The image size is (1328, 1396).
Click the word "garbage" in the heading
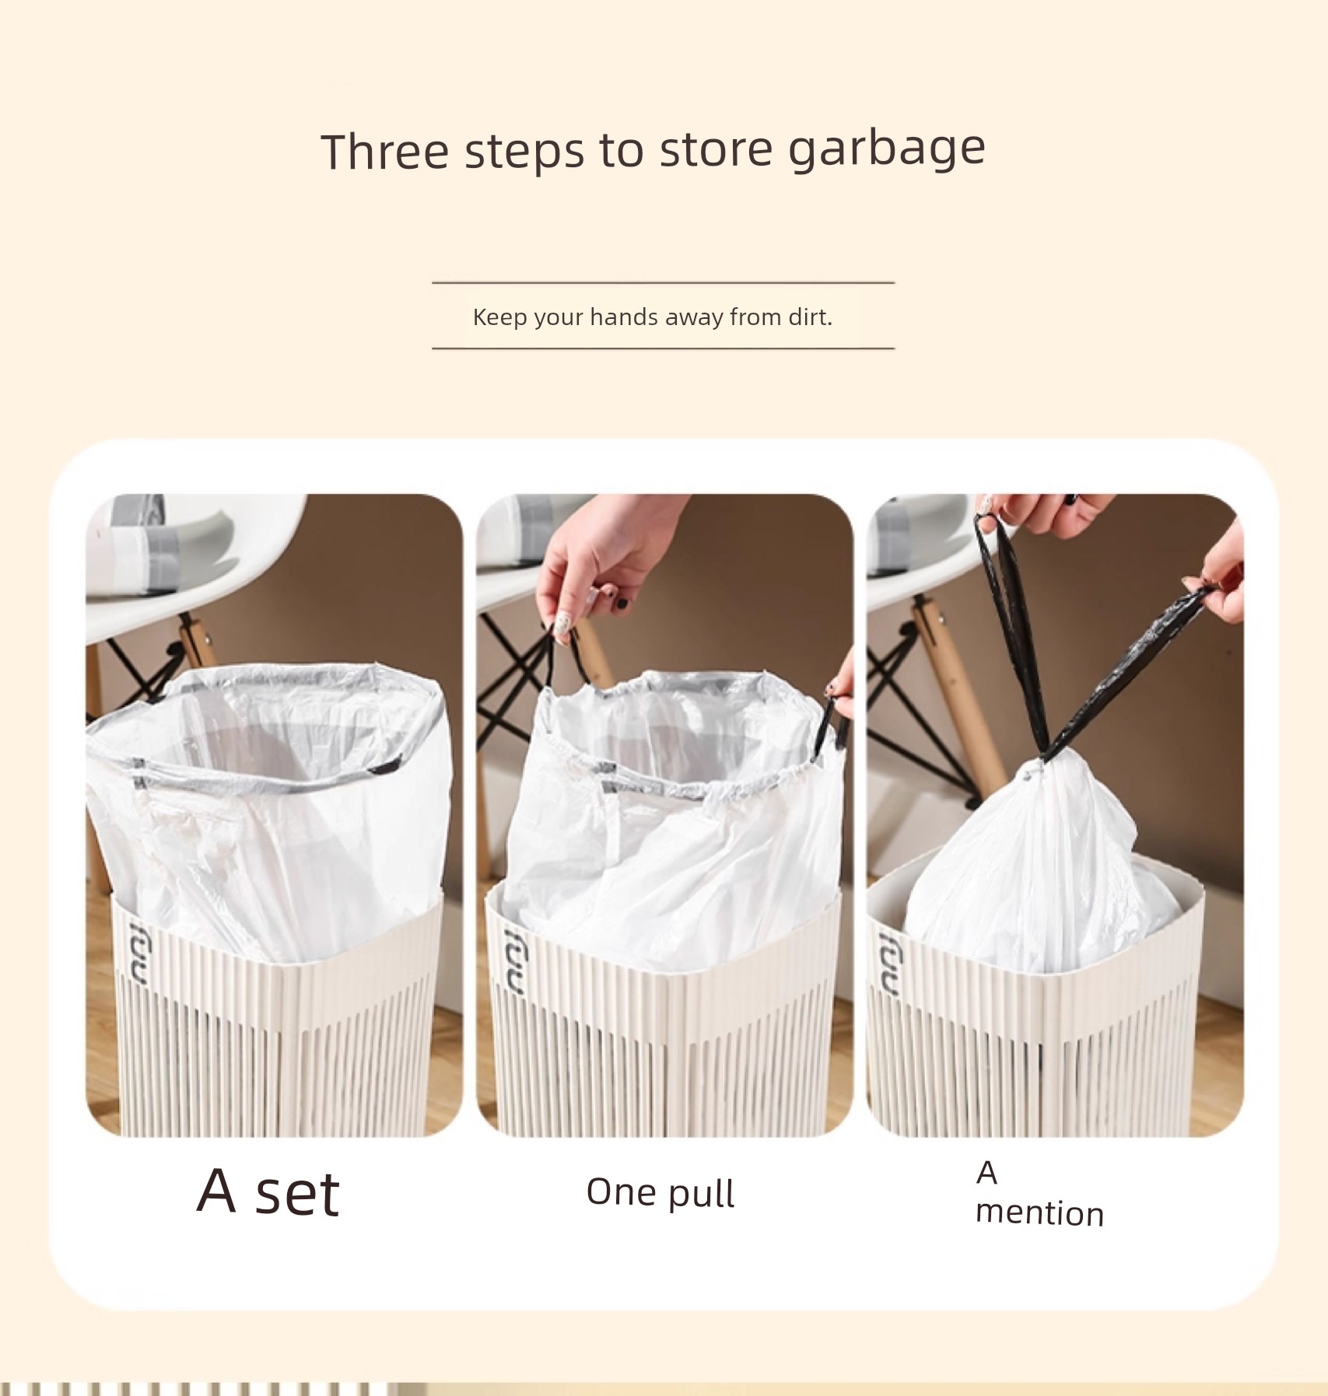(x=886, y=149)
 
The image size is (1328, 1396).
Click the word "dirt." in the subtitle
(x=811, y=317)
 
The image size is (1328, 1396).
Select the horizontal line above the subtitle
(x=664, y=282)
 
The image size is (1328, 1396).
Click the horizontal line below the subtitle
(x=664, y=348)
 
